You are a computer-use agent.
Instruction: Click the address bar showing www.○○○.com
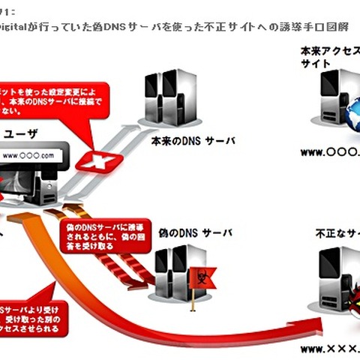tap(29, 156)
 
